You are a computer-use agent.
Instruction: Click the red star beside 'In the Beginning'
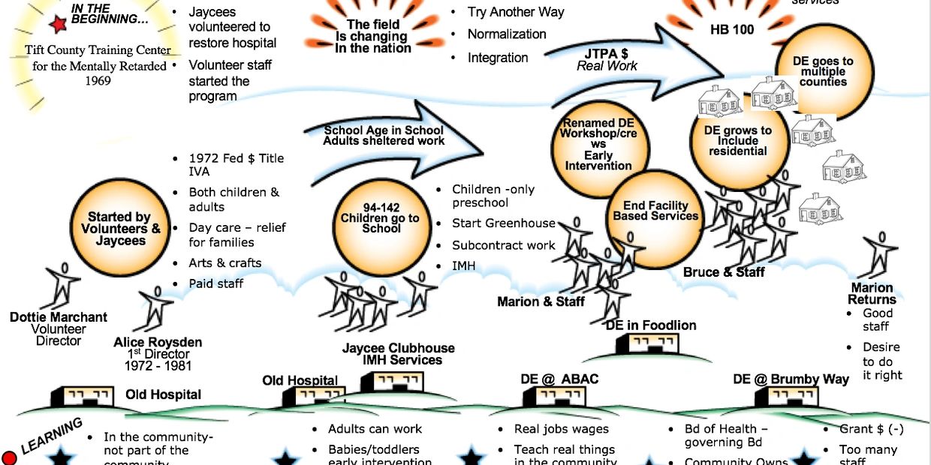coord(58,25)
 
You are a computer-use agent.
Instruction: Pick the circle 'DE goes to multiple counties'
coord(824,72)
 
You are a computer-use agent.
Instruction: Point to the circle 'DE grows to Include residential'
coord(739,140)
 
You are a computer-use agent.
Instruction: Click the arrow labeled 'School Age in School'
coord(390,135)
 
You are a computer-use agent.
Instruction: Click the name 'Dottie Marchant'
coord(59,317)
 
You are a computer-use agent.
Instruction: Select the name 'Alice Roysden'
coord(158,343)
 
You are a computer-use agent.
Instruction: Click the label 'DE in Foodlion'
coord(651,325)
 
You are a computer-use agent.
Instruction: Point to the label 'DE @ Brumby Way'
coord(791,379)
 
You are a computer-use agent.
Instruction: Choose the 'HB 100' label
coord(732,30)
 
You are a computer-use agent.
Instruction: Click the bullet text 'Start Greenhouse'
coord(503,223)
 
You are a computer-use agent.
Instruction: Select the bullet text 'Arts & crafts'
coord(225,263)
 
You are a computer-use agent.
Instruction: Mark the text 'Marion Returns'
coord(872,294)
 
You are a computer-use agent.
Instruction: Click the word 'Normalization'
coord(507,34)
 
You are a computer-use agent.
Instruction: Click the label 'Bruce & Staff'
coord(724,272)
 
